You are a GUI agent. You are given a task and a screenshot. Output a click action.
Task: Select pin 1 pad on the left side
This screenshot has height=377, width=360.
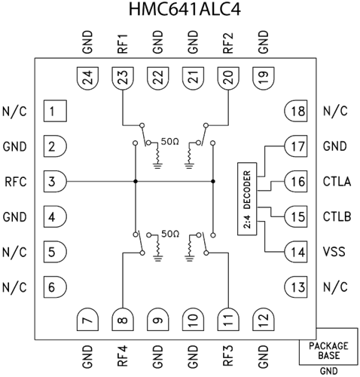pyautogui.click(x=53, y=112)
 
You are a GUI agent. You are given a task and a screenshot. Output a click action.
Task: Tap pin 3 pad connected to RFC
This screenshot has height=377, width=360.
pyautogui.click(x=53, y=182)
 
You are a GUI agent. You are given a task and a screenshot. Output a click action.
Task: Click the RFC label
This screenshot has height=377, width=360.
pyautogui.click(x=16, y=182)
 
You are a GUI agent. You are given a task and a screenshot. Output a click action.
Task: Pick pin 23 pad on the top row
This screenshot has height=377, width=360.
pyautogui.click(x=122, y=76)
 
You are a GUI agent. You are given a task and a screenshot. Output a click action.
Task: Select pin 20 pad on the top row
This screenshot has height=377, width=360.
pyautogui.click(x=227, y=76)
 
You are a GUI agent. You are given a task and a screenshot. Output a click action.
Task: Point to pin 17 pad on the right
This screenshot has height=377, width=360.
pyautogui.click(x=294, y=146)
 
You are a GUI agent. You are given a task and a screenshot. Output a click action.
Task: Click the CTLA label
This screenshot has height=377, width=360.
pyautogui.click(x=337, y=182)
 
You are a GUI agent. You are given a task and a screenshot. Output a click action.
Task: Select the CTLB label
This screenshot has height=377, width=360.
pyautogui.click(x=337, y=217)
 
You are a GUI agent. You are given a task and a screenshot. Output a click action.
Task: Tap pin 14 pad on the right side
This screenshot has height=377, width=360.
pyautogui.click(x=294, y=252)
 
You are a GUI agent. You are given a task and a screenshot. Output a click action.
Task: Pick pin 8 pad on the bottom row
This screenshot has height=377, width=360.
pyautogui.click(x=122, y=320)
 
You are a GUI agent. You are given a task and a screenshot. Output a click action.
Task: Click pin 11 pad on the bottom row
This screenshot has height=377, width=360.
pyautogui.click(x=227, y=320)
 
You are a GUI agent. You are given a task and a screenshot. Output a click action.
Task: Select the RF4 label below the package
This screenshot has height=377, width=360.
pyautogui.click(x=122, y=354)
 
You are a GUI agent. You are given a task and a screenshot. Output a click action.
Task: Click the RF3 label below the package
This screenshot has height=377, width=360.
pyautogui.click(x=227, y=354)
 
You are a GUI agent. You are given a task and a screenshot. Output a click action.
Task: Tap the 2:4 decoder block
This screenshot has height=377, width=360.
pyautogui.click(x=246, y=200)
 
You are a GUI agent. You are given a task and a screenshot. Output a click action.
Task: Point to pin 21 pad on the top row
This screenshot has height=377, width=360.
pyautogui.click(x=192, y=76)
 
